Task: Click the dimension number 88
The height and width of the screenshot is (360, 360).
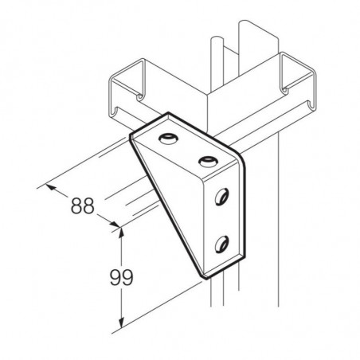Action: click(x=83, y=205)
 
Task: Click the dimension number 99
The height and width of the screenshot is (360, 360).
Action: click(x=121, y=277)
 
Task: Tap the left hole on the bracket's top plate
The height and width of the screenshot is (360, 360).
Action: click(x=168, y=139)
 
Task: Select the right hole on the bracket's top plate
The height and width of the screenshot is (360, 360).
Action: click(x=209, y=162)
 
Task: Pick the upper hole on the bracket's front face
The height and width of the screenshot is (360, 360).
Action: click(x=222, y=197)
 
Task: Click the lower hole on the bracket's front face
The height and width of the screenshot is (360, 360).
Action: click(x=222, y=244)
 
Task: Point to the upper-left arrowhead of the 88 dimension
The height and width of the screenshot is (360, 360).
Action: click(x=51, y=186)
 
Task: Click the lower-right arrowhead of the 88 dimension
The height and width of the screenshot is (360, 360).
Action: click(x=115, y=225)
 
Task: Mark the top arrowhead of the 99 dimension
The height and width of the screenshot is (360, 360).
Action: click(x=121, y=233)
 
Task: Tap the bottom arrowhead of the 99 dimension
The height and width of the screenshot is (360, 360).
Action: click(x=121, y=322)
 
